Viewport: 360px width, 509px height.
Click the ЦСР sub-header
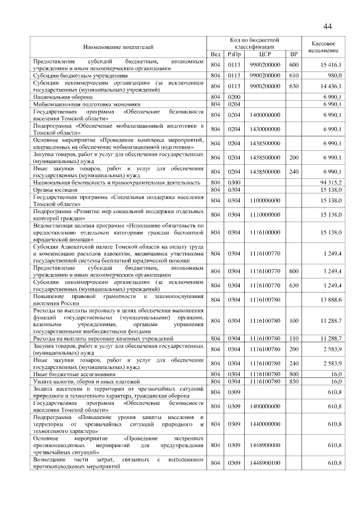pyautogui.click(x=265, y=54)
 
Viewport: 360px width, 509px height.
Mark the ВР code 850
pyautogui.click(x=293, y=381)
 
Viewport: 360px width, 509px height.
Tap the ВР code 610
pyautogui.click(x=293, y=75)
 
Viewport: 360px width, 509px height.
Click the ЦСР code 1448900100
pyautogui.click(x=265, y=463)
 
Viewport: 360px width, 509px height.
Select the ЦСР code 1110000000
pyautogui.click(x=265, y=214)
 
